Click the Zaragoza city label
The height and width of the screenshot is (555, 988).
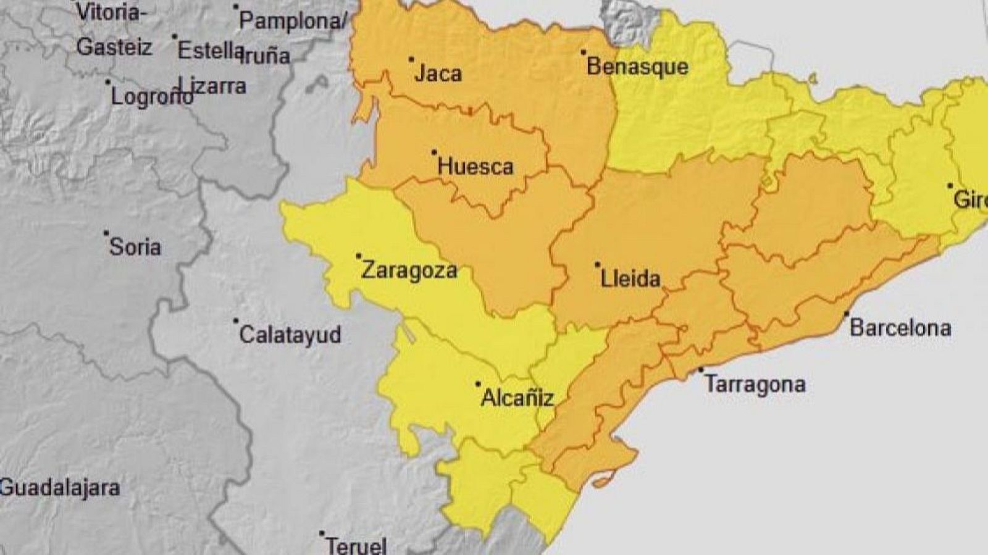tap(409, 270)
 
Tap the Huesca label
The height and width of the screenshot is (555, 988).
tap(475, 167)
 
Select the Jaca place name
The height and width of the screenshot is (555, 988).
tap(438, 74)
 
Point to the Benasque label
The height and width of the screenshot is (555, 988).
tap(637, 67)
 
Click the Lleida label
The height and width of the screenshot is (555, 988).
tap(630, 279)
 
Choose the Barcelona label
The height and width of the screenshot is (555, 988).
tap(900, 328)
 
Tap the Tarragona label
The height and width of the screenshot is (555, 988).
tap(755, 385)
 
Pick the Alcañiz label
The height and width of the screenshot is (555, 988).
tap(517, 398)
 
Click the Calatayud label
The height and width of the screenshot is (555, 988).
tap(290, 335)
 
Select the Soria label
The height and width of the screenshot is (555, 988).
tap(135, 248)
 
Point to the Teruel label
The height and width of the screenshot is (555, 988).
tap(356, 546)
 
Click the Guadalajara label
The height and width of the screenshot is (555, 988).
tap(60, 488)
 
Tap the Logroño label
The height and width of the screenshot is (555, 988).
tap(151, 97)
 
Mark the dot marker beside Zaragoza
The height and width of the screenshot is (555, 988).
tap(359, 256)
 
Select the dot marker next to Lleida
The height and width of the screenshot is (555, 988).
tap(597, 265)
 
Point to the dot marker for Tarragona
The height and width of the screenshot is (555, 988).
tap(701, 370)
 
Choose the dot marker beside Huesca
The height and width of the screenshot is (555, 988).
tap(434, 152)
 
